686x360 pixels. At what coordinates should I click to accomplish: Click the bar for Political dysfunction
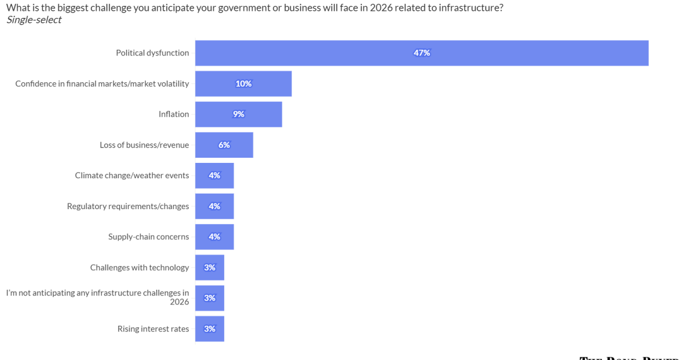[343, 53]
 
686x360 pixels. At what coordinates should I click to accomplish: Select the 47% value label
[422, 53]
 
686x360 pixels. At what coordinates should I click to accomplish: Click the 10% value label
[244, 83]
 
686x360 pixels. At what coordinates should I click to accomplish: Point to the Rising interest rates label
[153, 329]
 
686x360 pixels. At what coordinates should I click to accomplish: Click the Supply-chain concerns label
[149, 237]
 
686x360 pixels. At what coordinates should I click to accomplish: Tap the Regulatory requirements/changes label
[128, 206]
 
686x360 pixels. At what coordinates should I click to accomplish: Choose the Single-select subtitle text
[34, 20]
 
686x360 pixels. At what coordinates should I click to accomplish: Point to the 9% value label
[238, 114]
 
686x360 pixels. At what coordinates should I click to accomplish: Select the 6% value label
[224, 145]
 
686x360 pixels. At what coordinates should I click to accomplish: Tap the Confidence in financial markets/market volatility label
[102, 83]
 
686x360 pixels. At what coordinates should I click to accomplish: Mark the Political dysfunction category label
[152, 53]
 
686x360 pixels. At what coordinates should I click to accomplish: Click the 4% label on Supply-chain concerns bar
[214, 237]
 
